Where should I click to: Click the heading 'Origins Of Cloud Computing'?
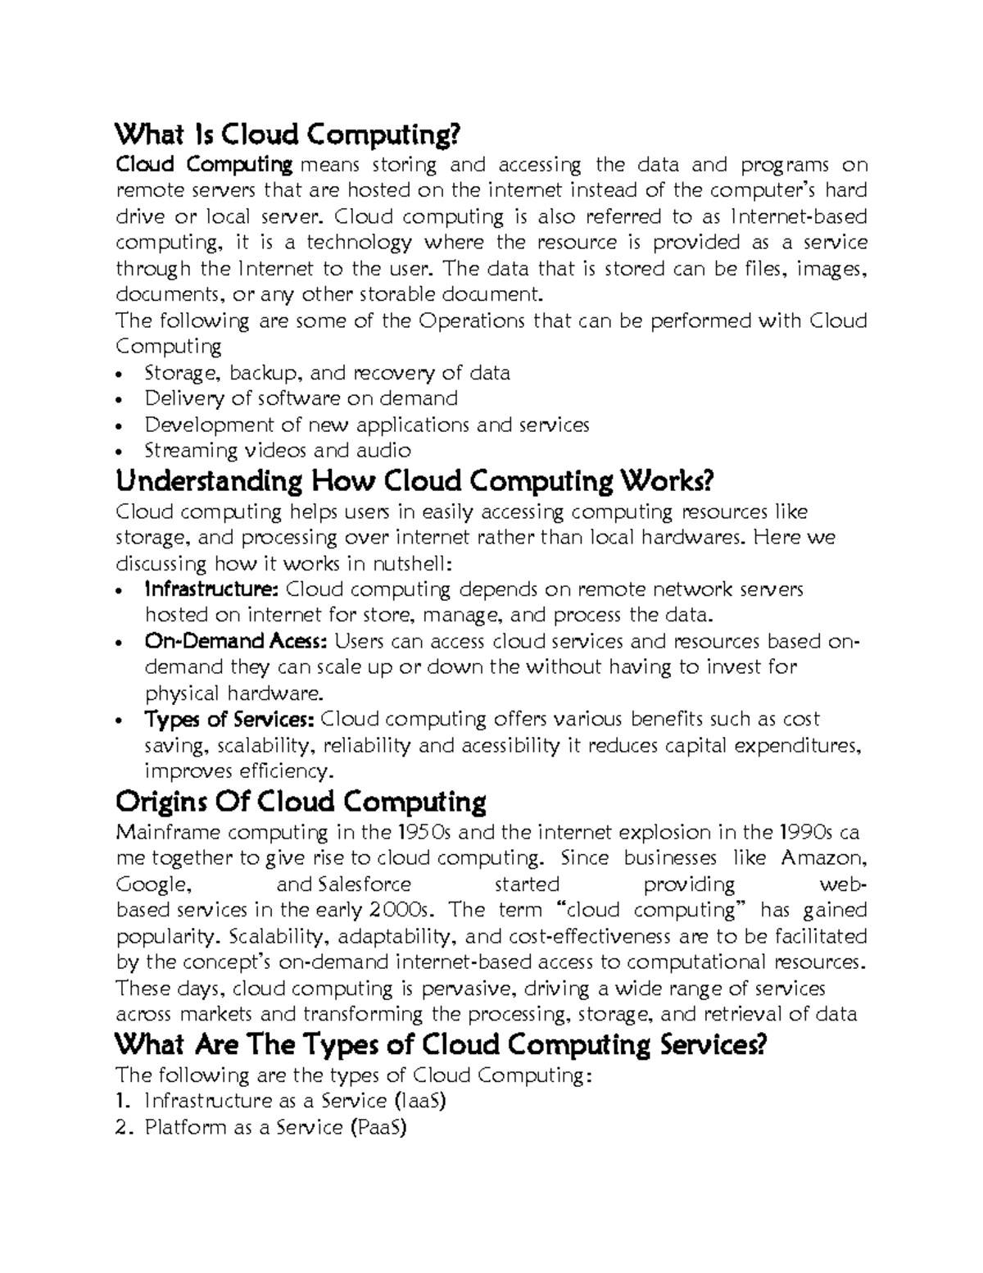point(301,801)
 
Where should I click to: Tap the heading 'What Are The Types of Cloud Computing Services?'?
point(442,1045)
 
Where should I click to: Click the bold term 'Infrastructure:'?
point(211,589)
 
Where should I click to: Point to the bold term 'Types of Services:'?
point(229,719)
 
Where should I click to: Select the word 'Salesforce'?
point(364,884)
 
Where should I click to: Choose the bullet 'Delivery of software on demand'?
point(301,399)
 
